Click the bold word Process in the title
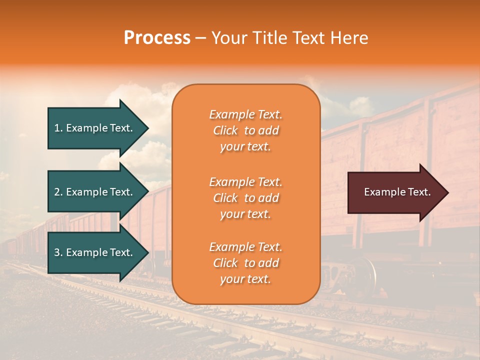click(x=157, y=38)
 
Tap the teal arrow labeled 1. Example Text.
click(x=95, y=128)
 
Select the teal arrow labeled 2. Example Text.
click(x=95, y=192)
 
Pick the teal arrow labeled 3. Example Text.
click(x=95, y=252)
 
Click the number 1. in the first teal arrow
click(x=58, y=128)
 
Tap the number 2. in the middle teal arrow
click(x=58, y=192)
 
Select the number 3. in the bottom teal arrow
click(x=58, y=252)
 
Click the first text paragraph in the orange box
click(x=245, y=130)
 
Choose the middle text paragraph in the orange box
click(x=245, y=198)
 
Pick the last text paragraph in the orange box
click(x=245, y=263)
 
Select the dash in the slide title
click(x=200, y=38)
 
